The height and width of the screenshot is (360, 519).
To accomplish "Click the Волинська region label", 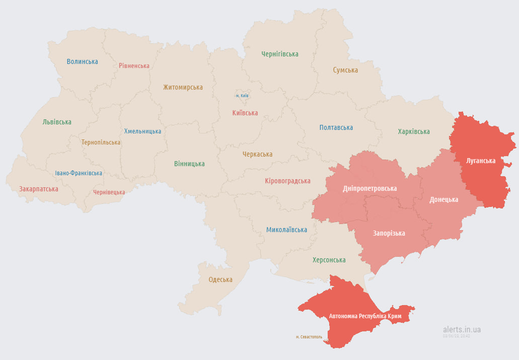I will (x=82, y=61).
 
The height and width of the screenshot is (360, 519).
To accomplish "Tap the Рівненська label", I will (x=134, y=65).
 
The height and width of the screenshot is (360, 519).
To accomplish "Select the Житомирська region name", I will (x=183, y=87).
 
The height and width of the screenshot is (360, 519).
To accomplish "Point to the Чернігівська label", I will (x=279, y=54).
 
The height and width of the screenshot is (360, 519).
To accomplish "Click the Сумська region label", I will (x=345, y=70).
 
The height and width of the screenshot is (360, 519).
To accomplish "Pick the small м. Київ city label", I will (x=242, y=96).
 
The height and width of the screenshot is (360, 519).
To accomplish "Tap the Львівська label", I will (x=57, y=122).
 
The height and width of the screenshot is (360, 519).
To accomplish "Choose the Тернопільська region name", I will (x=101, y=142).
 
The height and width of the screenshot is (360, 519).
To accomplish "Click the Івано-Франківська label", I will (x=79, y=173).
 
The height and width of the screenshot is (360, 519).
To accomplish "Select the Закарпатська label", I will (x=39, y=189).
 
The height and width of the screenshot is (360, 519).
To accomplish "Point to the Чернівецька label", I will (x=109, y=192).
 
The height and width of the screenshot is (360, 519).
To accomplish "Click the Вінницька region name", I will (x=189, y=164).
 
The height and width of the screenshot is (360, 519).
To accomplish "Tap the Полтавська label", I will (x=336, y=127).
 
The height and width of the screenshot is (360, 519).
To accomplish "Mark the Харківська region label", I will (x=414, y=131).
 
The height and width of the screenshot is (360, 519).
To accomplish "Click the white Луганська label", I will (x=481, y=161).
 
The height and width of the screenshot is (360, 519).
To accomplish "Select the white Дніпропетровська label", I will (x=369, y=188).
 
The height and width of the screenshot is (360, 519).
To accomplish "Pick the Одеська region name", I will (x=220, y=279).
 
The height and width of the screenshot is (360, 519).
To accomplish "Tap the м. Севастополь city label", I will (x=309, y=337).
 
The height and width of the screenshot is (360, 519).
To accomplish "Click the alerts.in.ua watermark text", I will (x=462, y=329).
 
